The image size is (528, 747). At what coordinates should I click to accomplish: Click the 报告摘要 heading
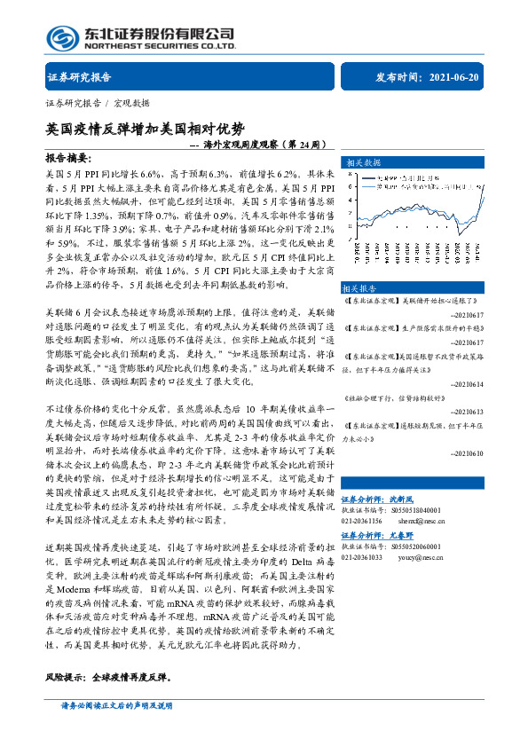[67, 157]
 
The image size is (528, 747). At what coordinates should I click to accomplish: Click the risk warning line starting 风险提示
[106, 677]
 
